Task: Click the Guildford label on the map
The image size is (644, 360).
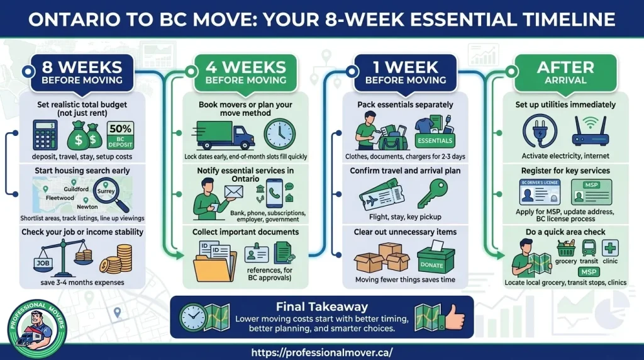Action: tap(75, 188)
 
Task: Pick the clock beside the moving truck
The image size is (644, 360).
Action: tap(279, 133)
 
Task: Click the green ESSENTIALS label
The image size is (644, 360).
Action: tap(434, 140)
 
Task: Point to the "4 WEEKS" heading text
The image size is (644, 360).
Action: tap(241, 67)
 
